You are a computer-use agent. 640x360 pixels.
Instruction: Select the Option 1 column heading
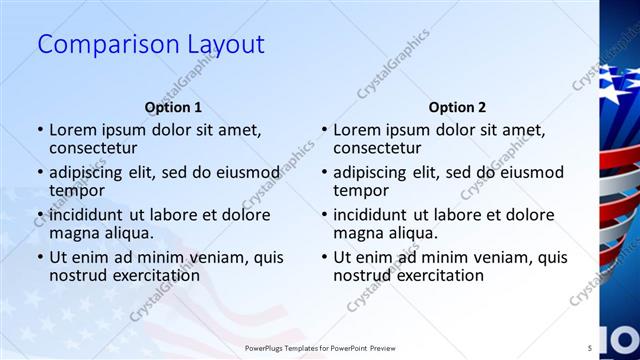tap(173, 107)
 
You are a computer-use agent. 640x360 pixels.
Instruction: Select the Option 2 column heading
tap(457, 107)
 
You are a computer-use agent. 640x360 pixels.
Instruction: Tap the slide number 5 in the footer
tap(589, 348)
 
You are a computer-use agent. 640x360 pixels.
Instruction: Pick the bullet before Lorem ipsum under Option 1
tap(40, 130)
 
